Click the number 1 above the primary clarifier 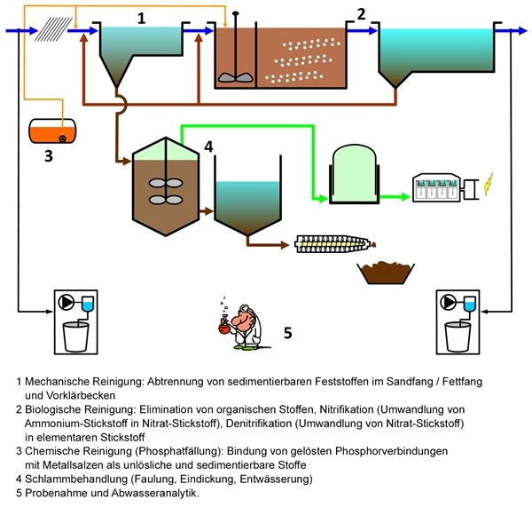click(x=141, y=17)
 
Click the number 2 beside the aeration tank click(x=361, y=13)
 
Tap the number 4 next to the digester click(x=208, y=145)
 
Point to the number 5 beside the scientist click(x=287, y=333)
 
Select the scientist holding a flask click(x=239, y=319)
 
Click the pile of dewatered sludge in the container click(x=386, y=268)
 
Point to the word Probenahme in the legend click(x=58, y=492)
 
